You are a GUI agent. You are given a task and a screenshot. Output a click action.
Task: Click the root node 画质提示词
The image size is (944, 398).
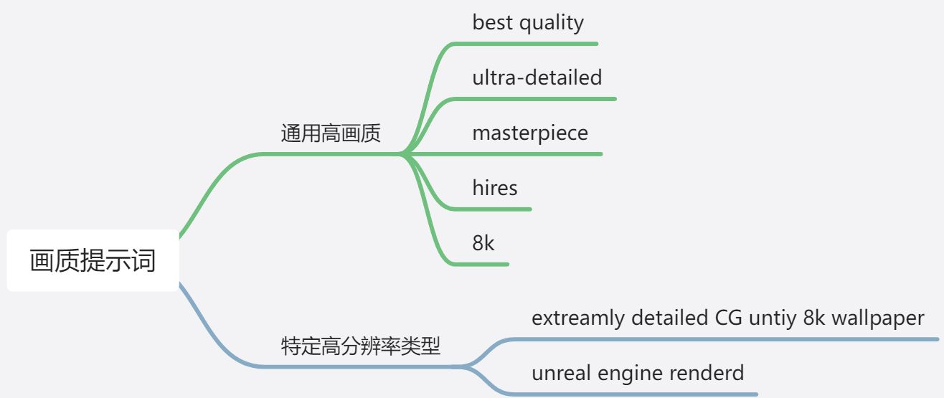click(93, 260)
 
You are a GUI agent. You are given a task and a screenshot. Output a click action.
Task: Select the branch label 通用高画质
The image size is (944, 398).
click(331, 134)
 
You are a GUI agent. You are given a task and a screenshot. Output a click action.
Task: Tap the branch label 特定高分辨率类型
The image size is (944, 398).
click(360, 347)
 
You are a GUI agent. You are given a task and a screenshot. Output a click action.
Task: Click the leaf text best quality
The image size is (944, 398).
click(528, 23)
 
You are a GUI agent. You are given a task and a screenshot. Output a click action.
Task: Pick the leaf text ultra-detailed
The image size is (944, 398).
click(537, 77)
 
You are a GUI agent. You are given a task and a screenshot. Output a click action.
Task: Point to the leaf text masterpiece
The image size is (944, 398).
click(530, 133)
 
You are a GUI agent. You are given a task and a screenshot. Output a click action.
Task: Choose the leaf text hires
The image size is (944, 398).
click(495, 188)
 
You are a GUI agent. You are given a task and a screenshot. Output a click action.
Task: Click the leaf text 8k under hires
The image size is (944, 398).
click(483, 243)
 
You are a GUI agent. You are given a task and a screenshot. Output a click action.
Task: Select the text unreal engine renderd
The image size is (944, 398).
click(638, 373)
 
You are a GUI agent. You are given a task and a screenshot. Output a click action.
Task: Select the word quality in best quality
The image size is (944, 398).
click(551, 23)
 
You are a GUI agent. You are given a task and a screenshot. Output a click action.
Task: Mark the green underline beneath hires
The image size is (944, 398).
click(495, 209)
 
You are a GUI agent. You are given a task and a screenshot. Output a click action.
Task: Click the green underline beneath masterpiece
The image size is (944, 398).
click(531, 154)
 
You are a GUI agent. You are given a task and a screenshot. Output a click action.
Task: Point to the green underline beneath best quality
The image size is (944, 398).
click(531, 44)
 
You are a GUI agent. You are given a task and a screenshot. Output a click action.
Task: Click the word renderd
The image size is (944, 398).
click(709, 373)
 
